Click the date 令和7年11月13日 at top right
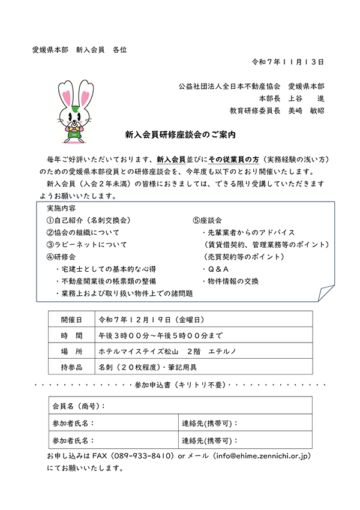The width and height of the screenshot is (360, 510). pos(288,61)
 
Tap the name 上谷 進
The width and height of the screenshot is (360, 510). pos(305,98)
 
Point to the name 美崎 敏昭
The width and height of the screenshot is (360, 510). pos(305,110)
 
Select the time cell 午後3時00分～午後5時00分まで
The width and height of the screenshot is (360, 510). pos(160,335)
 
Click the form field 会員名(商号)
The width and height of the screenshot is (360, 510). pos(78,406)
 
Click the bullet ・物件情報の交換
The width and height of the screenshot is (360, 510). pos(232,281)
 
